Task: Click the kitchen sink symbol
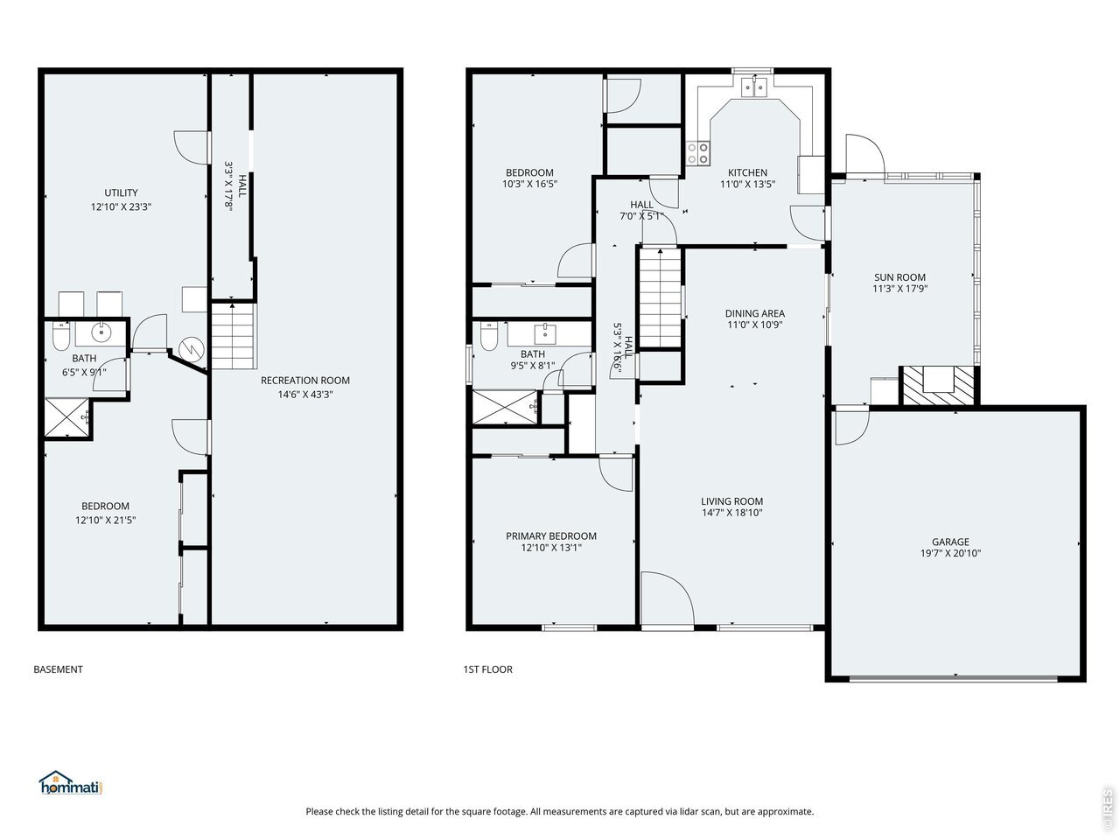pyautogui.click(x=753, y=87)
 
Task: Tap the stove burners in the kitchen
pyautogui.click(x=697, y=153)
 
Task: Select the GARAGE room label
pyautogui.click(x=950, y=542)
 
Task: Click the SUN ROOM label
pyautogui.click(x=899, y=277)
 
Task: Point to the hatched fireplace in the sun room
pyautogui.click(x=938, y=386)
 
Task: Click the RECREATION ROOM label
pyautogui.click(x=305, y=380)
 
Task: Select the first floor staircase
pyautogui.click(x=661, y=298)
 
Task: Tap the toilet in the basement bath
pyautogui.click(x=61, y=336)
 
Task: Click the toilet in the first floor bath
pyautogui.click(x=489, y=336)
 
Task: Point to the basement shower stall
pyautogui.click(x=66, y=418)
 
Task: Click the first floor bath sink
pyautogui.click(x=545, y=334)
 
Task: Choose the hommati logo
pyautogui.click(x=70, y=782)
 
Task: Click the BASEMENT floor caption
pyautogui.click(x=58, y=669)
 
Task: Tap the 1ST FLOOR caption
pyautogui.click(x=487, y=669)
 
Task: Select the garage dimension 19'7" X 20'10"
pyautogui.click(x=950, y=553)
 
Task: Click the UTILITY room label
pyautogui.click(x=121, y=192)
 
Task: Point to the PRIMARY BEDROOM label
pyautogui.click(x=551, y=536)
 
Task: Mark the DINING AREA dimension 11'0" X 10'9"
pyautogui.click(x=754, y=325)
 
